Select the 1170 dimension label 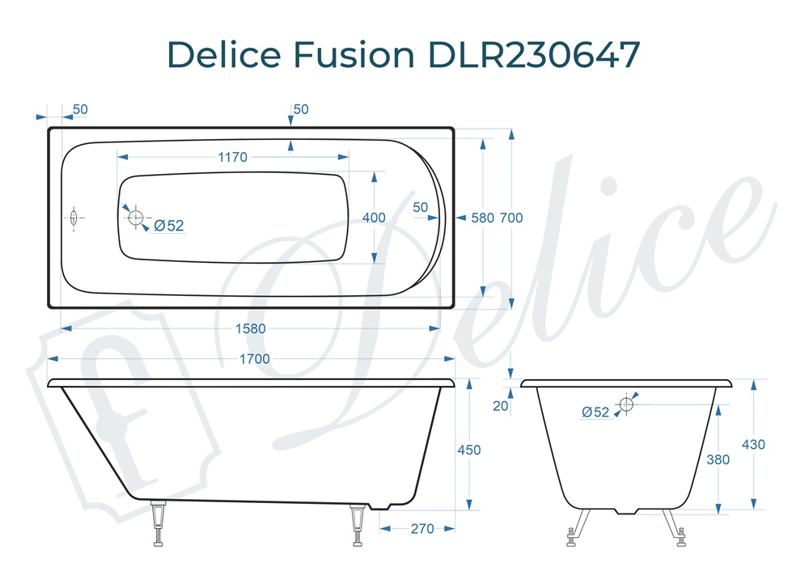click(x=232, y=158)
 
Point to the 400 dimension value click(x=374, y=218)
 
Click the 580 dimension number click(x=482, y=218)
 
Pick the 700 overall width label click(x=511, y=218)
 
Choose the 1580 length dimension click(x=251, y=328)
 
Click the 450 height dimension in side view click(x=468, y=450)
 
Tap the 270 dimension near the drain click(x=421, y=529)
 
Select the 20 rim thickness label click(x=501, y=406)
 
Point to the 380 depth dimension click(x=718, y=459)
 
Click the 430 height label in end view click(x=753, y=444)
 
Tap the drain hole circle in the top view click(x=135, y=218)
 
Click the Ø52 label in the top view click(x=168, y=226)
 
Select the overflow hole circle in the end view click(x=626, y=404)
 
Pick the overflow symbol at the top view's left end click(x=74, y=218)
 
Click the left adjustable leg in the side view click(x=159, y=524)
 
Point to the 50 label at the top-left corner click(x=81, y=110)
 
